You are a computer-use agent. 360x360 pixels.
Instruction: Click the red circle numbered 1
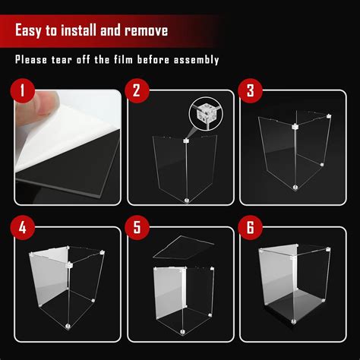23,90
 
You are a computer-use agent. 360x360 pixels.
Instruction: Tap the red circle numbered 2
137,90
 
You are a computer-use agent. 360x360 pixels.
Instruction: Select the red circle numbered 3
250,90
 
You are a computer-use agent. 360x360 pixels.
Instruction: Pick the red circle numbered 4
23,227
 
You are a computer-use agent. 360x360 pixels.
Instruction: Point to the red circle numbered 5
137,227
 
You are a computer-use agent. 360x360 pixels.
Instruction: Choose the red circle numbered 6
250,227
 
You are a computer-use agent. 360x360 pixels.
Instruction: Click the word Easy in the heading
28,31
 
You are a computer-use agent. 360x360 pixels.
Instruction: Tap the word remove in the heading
147,31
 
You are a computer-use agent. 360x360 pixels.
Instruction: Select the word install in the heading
78,30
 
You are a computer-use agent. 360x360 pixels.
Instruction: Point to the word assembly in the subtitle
196,60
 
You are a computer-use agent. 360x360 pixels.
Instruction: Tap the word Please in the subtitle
31,59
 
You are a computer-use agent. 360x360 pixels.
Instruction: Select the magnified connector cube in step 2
205,113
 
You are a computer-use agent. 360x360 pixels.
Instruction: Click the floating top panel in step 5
184,248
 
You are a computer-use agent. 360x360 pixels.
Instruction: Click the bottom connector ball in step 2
187,201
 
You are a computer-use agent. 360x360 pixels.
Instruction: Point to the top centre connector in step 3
295,126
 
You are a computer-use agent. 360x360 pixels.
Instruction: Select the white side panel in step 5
169,291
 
